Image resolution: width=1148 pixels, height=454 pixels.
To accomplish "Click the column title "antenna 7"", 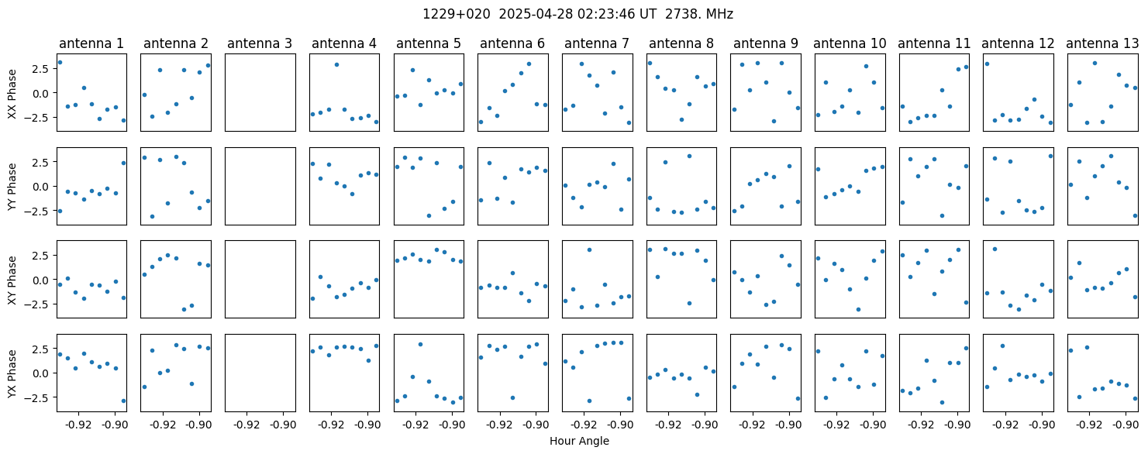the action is pyautogui.click(x=597, y=44).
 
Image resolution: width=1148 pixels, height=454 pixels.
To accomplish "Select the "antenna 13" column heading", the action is pyautogui.click(x=1102, y=44).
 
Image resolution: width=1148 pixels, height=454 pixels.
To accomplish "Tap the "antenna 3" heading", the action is pyautogui.click(x=260, y=44).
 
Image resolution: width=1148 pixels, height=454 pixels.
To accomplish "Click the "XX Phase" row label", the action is pyautogui.click(x=12, y=94).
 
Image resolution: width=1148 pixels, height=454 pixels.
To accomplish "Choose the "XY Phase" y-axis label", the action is pyautogui.click(x=12, y=280).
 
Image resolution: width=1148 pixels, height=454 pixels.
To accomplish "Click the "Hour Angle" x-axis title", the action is pyautogui.click(x=579, y=441).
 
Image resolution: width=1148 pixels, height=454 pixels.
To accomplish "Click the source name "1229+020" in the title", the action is pyautogui.click(x=456, y=15).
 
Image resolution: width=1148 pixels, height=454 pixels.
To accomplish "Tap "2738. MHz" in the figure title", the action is pyautogui.click(x=699, y=15).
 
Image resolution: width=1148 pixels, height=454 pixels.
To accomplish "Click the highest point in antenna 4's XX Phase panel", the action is pyautogui.click(x=336, y=64).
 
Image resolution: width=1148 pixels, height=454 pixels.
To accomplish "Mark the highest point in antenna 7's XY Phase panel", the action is pyautogui.click(x=589, y=250).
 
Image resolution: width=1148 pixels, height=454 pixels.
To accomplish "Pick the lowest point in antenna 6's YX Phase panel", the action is pyautogui.click(x=512, y=397).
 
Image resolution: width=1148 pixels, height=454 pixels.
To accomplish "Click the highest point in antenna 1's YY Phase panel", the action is pyautogui.click(x=123, y=163).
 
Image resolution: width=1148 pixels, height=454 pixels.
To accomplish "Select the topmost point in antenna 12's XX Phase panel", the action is pyautogui.click(x=987, y=64).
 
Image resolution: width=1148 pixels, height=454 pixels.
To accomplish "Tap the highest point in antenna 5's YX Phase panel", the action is pyautogui.click(x=420, y=344).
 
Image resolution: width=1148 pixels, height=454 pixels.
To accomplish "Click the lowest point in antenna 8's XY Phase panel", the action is pyautogui.click(x=689, y=304).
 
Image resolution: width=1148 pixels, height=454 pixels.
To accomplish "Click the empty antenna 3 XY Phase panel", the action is pyautogui.click(x=260, y=279).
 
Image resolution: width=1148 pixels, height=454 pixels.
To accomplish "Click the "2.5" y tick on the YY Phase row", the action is pyautogui.click(x=43, y=163).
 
